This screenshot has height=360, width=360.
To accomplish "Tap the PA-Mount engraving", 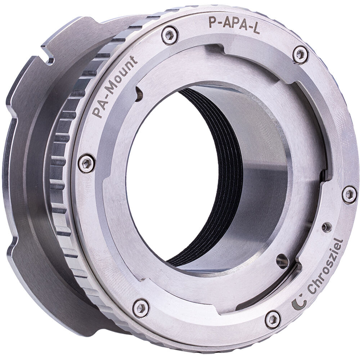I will [114, 87].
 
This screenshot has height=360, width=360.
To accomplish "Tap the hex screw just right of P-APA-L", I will [300, 54].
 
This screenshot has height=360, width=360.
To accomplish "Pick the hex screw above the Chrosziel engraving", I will [349, 194].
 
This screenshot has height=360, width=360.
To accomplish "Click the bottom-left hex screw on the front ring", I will [141, 308].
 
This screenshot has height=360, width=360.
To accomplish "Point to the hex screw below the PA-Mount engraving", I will [86, 163].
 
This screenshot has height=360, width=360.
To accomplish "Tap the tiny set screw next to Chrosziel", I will [326, 227].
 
